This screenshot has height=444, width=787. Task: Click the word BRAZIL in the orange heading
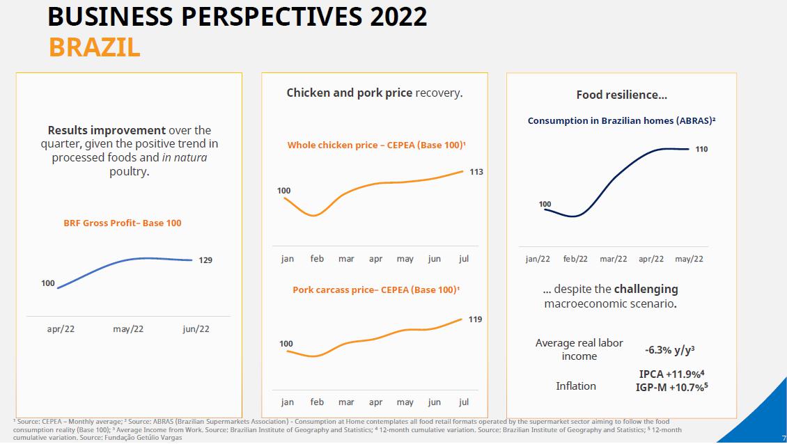pos(95,47)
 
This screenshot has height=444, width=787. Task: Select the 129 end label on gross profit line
pos(205,260)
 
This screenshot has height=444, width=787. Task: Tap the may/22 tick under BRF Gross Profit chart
pos(128,328)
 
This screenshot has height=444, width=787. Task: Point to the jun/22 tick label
pos(196,328)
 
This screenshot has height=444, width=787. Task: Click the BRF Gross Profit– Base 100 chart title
pos(123,223)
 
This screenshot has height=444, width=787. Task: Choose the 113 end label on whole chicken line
pos(476,172)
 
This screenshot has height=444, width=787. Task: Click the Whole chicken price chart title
pos(376,145)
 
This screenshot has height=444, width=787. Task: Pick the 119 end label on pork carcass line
pos(475,319)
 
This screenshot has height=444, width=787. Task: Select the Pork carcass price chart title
pos(376,290)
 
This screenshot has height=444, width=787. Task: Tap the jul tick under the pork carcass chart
pos(464,402)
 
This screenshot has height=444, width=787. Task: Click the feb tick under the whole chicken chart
pos(317,259)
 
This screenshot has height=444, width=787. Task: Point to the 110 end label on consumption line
pos(701,150)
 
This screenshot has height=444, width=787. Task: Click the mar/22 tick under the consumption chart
pos(613,259)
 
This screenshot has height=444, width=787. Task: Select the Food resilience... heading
pos(621,95)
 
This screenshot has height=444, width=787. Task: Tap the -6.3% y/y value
pos(669,350)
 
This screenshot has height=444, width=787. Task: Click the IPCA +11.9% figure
pos(667,374)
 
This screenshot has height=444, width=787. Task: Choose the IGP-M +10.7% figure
pos(671,387)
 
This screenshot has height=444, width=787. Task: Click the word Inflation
pos(576,386)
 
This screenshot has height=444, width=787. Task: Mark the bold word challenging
pos(646,289)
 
